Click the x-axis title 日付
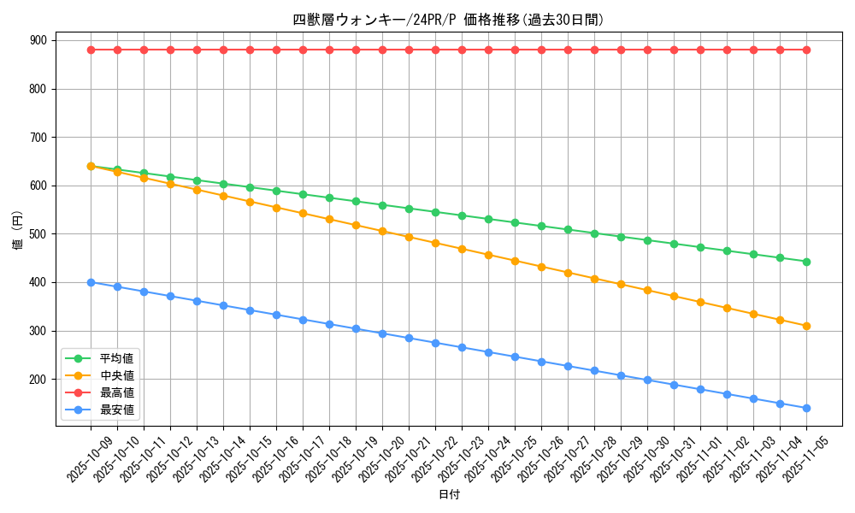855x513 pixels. (x=449, y=495)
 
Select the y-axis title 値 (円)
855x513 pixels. (x=18, y=232)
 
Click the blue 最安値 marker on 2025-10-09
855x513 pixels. (x=91, y=282)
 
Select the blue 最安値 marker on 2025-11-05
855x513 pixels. (x=806, y=408)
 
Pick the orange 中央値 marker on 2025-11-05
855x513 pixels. (x=806, y=326)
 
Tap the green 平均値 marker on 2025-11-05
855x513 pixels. (x=806, y=262)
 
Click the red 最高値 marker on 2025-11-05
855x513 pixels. (x=806, y=50)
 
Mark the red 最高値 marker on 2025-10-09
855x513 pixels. (x=91, y=50)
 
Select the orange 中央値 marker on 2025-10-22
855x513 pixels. (x=435, y=243)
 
